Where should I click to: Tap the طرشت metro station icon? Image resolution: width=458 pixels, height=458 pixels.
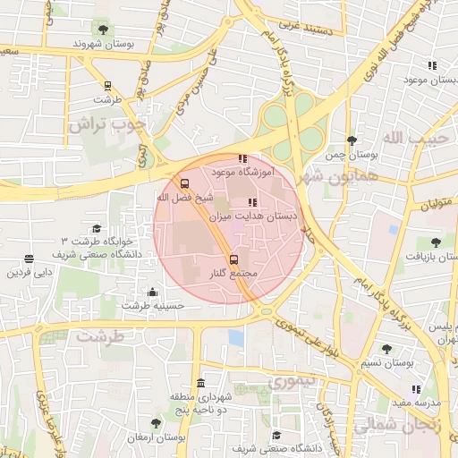click(x=107, y=86)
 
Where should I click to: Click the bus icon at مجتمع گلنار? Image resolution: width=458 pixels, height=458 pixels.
click(x=233, y=259)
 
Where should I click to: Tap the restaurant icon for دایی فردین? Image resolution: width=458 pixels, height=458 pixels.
click(x=30, y=259)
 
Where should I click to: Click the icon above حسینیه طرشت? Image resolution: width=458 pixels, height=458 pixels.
click(x=153, y=292)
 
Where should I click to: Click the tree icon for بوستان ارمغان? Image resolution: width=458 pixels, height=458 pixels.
click(x=156, y=423)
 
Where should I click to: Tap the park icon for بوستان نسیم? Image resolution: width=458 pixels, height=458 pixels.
click(x=386, y=349)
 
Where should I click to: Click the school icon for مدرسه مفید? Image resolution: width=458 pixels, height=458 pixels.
click(x=416, y=389)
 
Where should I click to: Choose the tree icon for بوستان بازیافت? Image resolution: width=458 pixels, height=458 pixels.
click(x=436, y=242)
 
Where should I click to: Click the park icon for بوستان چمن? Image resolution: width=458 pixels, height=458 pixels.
click(x=352, y=140)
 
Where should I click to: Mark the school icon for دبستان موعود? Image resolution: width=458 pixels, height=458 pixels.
click(x=432, y=65)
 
